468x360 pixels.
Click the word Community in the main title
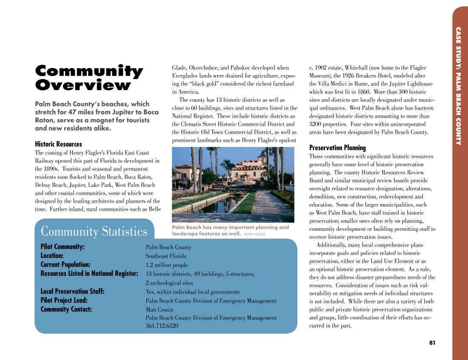(88, 71)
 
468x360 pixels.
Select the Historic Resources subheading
(58, 144)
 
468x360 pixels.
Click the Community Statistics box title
(94, 232)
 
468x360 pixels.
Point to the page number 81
(432, 343)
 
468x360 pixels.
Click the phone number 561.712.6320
(162, 326)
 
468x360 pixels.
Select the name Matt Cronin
(160, 310)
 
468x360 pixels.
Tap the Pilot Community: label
(63, 247)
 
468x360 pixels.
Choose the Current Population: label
(66, 265)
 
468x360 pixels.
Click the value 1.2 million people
(167, 265)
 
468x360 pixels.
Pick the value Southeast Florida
(166, 256)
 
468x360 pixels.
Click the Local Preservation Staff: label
(72, 292)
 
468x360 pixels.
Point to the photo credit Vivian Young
(254, 234)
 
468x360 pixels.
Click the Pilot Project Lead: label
(64, 300)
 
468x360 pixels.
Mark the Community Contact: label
(66, 309)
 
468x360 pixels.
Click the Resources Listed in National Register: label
(89, 274)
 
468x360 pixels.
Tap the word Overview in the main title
(83, 85)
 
